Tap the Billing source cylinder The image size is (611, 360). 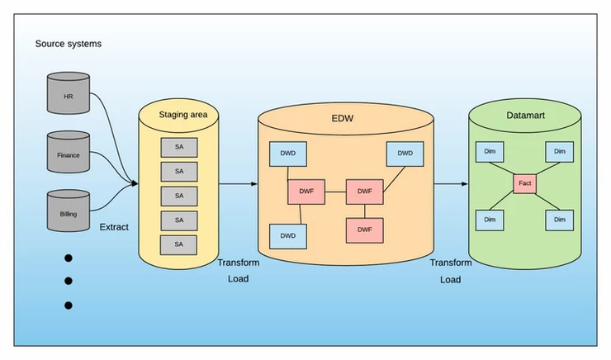pyautogui.click(x=68, y=211)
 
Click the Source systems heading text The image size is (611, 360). pyautogui.click(x=69, y=43)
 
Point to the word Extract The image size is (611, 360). pyautogui.click(x=114, y=226)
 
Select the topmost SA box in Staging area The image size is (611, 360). pyautogui.click(x=179, y=147)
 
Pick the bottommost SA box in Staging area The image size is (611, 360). pyautogui.click(x=179, y=244)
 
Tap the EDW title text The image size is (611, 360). pyautogui.click(x=343, y=117)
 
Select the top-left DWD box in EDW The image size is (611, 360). pyautogui.click(x=287, y=154)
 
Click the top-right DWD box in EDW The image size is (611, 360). pyautogui.click(x=405, y=154)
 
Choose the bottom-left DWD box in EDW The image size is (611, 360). pyautogui.click(x=287, y=235)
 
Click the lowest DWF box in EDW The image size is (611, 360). pyautogui.click(x=364, y=229)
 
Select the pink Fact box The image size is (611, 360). pyautogui.click(x=525, y=183)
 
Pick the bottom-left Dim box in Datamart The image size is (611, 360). pyautogui.click(x=490, y=219)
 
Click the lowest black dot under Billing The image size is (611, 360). pyautogui.click(x=68, y=306)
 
